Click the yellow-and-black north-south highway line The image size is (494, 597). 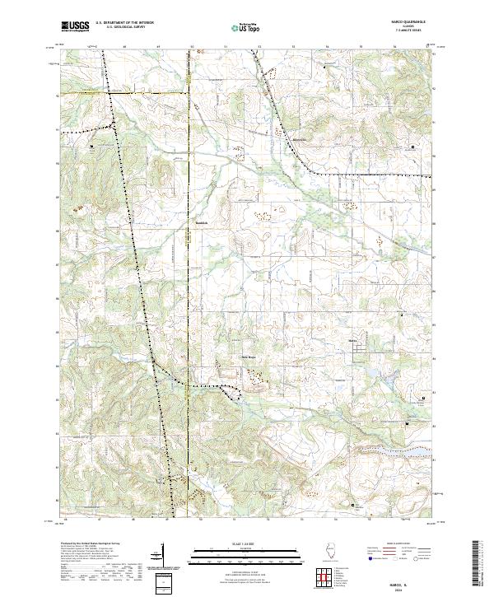[x=188, y=247]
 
